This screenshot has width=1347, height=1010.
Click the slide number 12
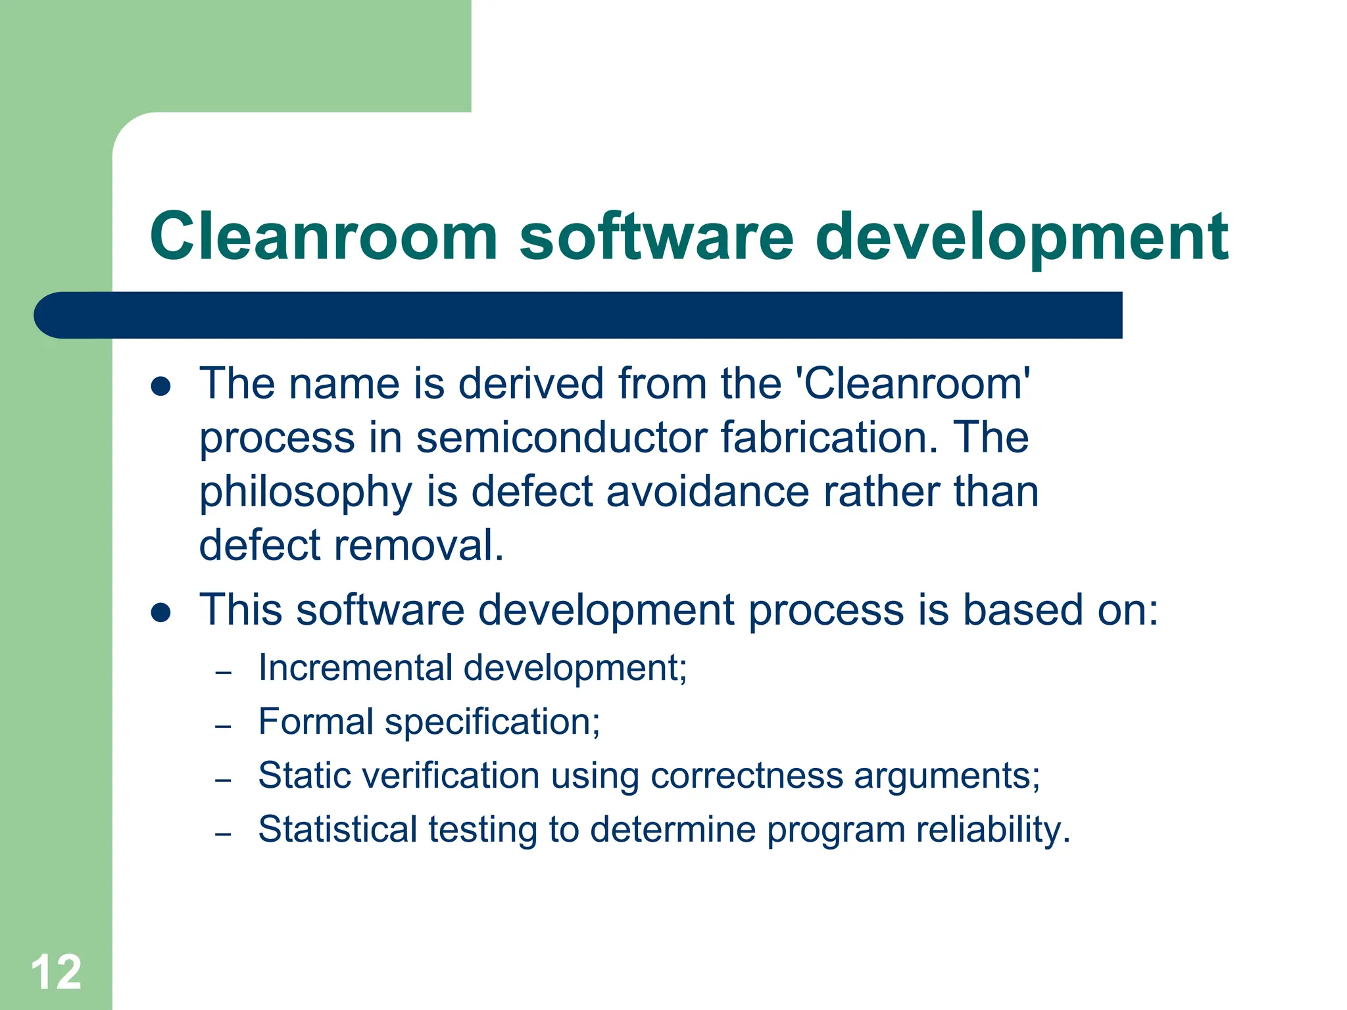coord(56,972)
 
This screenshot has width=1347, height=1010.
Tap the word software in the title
coord(656,236)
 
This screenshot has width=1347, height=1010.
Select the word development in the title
coord(1021,236)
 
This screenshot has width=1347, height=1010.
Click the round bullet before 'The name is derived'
coord(160,386)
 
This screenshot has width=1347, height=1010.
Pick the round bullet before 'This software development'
coord(160,613)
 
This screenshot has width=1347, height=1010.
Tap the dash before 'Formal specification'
coord(223,727)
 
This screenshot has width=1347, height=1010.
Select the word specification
coord(492,723)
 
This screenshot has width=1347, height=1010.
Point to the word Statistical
coord(337,829)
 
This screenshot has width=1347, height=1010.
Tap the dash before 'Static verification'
coord(223,781)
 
